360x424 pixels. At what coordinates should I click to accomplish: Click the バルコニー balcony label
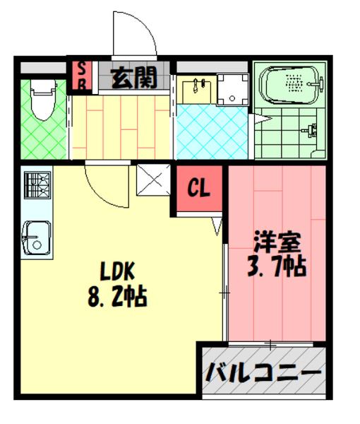point(263,372)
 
